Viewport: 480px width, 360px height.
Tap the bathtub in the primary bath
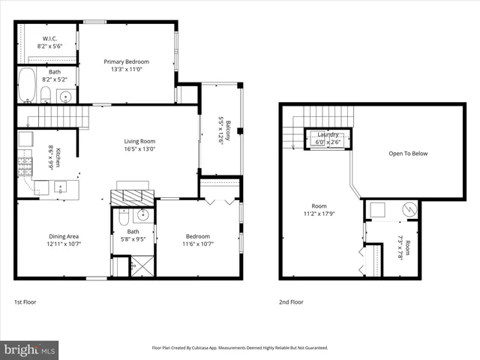tap(26, 85)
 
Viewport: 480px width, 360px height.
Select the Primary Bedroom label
tap(126, 61)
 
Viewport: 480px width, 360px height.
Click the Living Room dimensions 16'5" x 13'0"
tap(139, 148)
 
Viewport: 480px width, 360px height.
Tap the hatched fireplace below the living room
tap(132, 196)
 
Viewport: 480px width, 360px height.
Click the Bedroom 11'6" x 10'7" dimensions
tap(198, 243)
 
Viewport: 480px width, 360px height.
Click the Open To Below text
tap(408, 153)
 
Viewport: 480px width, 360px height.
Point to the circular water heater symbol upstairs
tap(409, 208)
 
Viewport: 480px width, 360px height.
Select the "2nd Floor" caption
tap(290, 301)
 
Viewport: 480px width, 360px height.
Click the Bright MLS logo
tap(30, 349)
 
